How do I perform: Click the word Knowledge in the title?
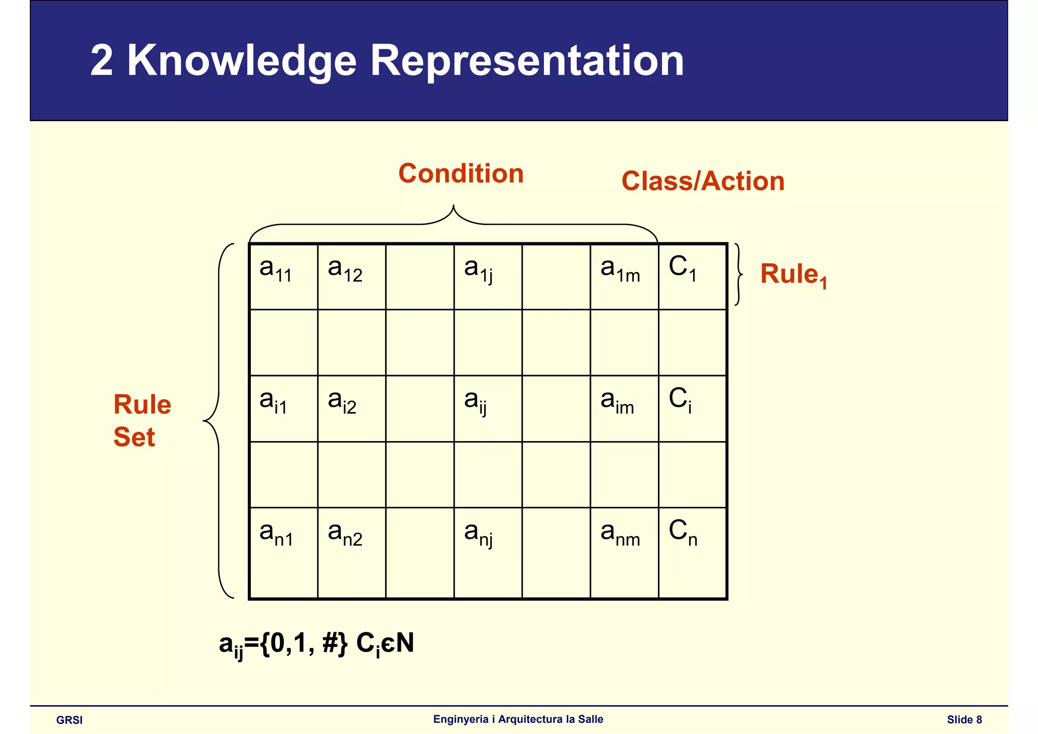pos(242,60)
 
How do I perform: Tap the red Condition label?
pos(461,173)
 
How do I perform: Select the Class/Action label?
pos(702,181)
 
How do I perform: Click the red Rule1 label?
pos(793,275)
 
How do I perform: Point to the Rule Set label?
pos(142,420)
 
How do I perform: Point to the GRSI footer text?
pos(69,720)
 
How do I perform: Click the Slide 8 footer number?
pos(964,720)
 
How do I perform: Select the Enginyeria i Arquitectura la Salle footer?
pos(518,719)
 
